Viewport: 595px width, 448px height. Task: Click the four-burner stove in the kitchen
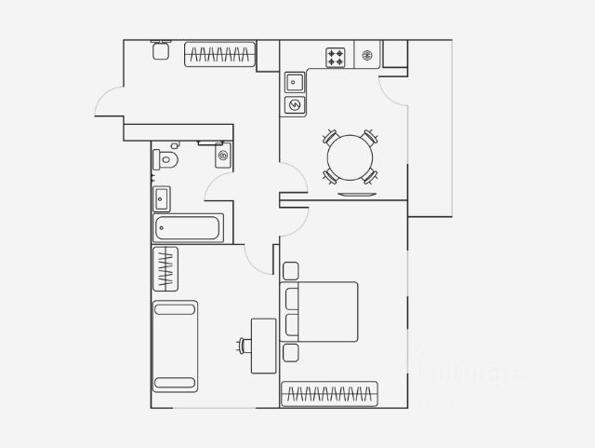click(x=336, y=57)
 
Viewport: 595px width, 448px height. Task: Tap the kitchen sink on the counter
click(x=295, y=81)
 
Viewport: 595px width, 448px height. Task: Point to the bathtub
click(x=188, y=227)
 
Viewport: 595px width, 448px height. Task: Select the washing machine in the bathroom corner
click(x=222, y=156)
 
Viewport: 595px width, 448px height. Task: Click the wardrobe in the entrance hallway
click(x=219, y=55)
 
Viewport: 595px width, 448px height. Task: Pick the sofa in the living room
click(x=175, y=345)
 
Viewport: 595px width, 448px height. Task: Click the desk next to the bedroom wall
click(x=264, y=346)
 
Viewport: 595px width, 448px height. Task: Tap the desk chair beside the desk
click(x=245, y=346)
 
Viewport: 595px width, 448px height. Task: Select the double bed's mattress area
click(x=330, y=311)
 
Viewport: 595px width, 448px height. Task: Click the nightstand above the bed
click(x=290, y=271)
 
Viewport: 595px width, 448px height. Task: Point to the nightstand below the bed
click(x=290, y=353)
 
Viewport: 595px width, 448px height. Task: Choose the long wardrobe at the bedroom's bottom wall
click(x=329, y=394)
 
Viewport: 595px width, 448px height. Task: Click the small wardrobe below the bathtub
click(x=165, y=269)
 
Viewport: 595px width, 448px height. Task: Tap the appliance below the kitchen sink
click(x=295, y=103)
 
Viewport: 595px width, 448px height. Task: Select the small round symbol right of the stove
click(x=367, y=56)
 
